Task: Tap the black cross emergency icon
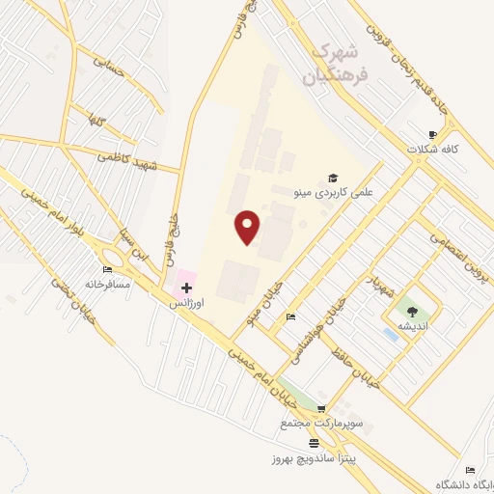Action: coord(186,288)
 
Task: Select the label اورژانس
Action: coord(186,303)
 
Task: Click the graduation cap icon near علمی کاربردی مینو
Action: coord(334,178)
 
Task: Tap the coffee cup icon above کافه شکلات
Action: coord(433,134)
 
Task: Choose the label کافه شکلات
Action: coord(450,150)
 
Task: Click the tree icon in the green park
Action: coord(412,311)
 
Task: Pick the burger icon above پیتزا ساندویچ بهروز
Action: coord(314,442)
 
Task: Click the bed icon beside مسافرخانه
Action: coord(106,269)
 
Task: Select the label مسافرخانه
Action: coord(106,285)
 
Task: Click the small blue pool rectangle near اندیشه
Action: coord(390,334)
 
